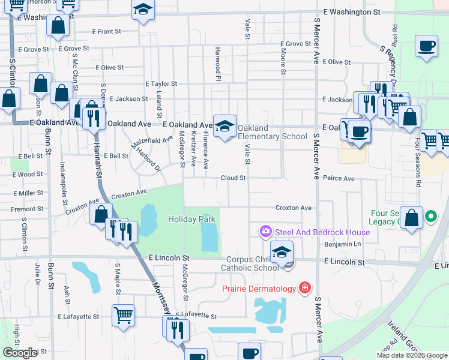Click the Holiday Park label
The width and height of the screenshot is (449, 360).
pyautogui.click(x=191, y=220)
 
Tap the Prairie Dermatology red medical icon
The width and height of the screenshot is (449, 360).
pyautogui.click(x=305, y=289)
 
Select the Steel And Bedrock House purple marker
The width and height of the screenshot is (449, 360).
pyautogui.click(x=264, y=231)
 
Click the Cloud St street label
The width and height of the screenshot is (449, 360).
pyautogui.click(x=233, y=178)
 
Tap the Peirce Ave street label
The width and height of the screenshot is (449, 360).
pyautogui.click(x=339, y=178)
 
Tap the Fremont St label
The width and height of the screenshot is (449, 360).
pyautogui.click(x=27, y=209)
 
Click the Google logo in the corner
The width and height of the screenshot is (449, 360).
pyautogui.click(x=20, y=353)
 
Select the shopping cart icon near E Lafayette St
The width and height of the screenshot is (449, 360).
pyautogui.click(x=123, y=314)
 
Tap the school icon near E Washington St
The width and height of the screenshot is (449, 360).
pyautogui.click(x=143, y=10)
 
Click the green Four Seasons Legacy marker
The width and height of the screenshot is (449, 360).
pyautogui.click(x=430, y=216)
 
